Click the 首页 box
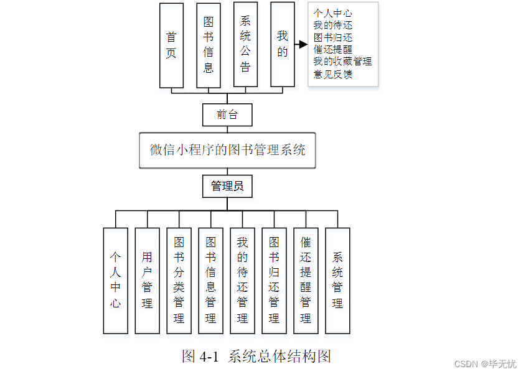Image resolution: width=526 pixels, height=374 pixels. pyautogui.click(x=171, y=45)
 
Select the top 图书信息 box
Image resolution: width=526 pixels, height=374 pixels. pyautogui.click(x=209, y=45)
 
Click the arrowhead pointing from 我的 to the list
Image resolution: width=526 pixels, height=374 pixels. pyautogui.click(x=303, y=44)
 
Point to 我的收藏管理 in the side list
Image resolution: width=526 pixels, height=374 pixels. pyautogui.click(x=342, y=62)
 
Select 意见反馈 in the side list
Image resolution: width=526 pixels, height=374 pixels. pyautogui.click(x=333, y=74)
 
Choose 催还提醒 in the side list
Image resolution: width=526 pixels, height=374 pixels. pyautogui.click(x=333, y=49)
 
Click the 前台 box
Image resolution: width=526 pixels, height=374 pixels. pyautogui.click(x=227, y=115)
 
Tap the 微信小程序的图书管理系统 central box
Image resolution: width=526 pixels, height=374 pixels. pyautogui.click(x=227, y=150)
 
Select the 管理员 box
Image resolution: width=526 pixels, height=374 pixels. pyautogui.click(x=227, y=186)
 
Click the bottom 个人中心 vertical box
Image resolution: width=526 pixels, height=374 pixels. pyautogui.click(x=115, y=281)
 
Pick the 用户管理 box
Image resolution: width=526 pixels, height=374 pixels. pyautogui.click(x=148, y=281)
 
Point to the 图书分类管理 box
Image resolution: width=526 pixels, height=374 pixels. pyautogui.click(x=179, y=281)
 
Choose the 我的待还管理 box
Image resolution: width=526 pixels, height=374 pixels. pyautogui.click(x=243, y=281)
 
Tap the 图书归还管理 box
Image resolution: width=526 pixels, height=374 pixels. pyautogui.click(x=274, y=281)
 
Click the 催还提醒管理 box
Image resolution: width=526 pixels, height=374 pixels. pyautogui.click(x=306, y=281)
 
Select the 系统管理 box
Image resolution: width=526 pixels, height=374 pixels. pyautogui.click(x=337, y=281)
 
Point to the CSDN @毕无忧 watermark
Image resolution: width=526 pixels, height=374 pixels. pyautogui.click(x=486, y=364)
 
